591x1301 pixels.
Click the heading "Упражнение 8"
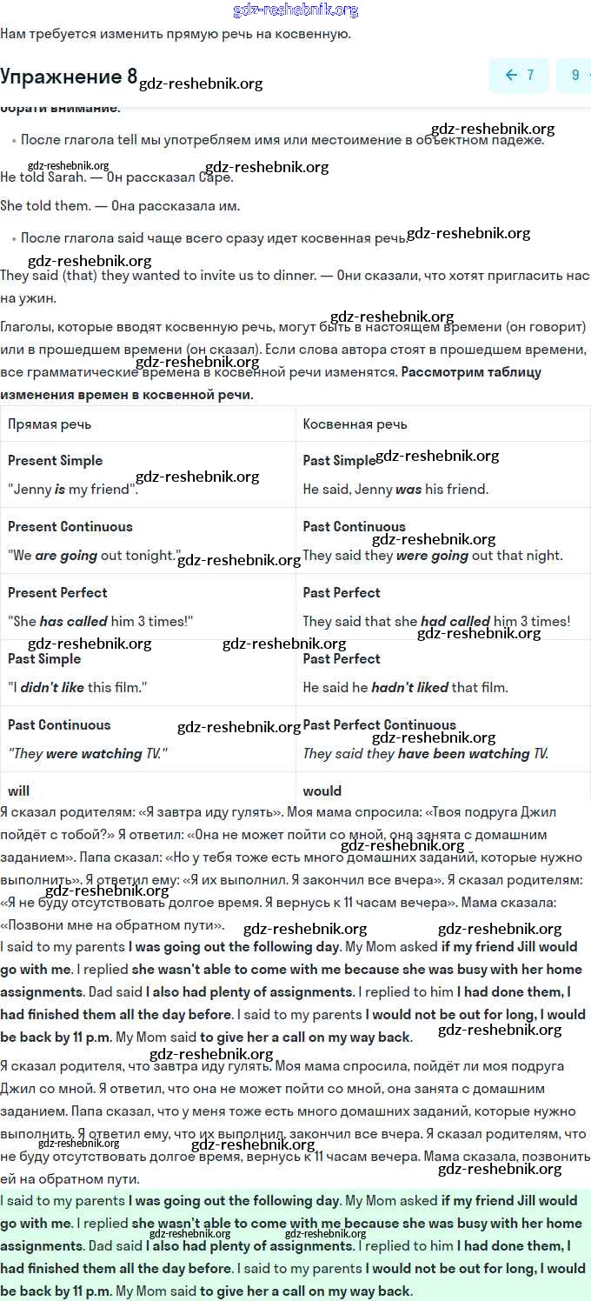(69, 77)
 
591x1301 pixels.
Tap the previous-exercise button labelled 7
(519, 76)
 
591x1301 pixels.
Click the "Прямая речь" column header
(50, 424)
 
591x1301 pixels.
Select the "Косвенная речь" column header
(355, 424)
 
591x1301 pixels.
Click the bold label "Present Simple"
(55, 461)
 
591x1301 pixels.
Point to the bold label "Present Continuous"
(70, 527)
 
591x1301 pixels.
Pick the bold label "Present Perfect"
(57, 593)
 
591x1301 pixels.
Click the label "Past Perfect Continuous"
(379, 725)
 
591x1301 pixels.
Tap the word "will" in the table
(18, 791)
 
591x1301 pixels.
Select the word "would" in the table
(322, 791)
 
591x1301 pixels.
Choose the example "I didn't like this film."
(77, 688)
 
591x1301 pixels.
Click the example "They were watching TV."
(88, 754)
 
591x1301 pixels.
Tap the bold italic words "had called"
(455, 622)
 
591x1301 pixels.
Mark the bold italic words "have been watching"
(463, 754)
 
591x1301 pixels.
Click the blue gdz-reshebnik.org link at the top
(295, 10)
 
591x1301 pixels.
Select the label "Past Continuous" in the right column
(354, 527)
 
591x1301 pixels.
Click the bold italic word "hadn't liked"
(409, 688)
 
